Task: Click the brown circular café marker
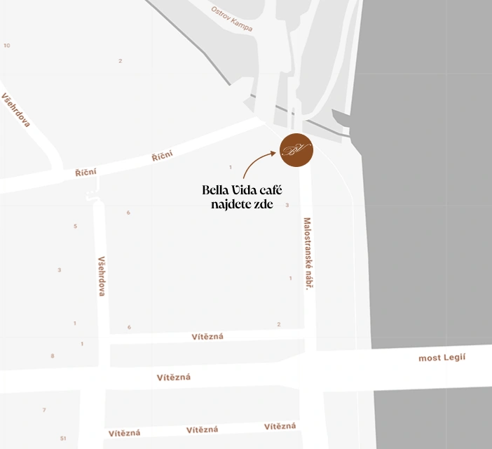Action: tap(296, 150)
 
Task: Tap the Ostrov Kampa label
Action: tap(232, 19)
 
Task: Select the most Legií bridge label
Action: tap(442, 358)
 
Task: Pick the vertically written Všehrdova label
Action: tap(102, 275)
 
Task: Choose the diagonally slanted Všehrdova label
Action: tap(17, 109)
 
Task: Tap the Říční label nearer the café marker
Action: tap(162, 156)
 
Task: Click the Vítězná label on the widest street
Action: tap(174, 377)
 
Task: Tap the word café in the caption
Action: tap(277, 190)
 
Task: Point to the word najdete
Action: tap(234, 204)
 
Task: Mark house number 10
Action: tap(7, 46)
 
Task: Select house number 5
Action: tap(75, 226)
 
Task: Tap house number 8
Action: tap(52, 356)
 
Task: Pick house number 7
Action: tap(44, 410)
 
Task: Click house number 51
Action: tap(63, 438)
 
